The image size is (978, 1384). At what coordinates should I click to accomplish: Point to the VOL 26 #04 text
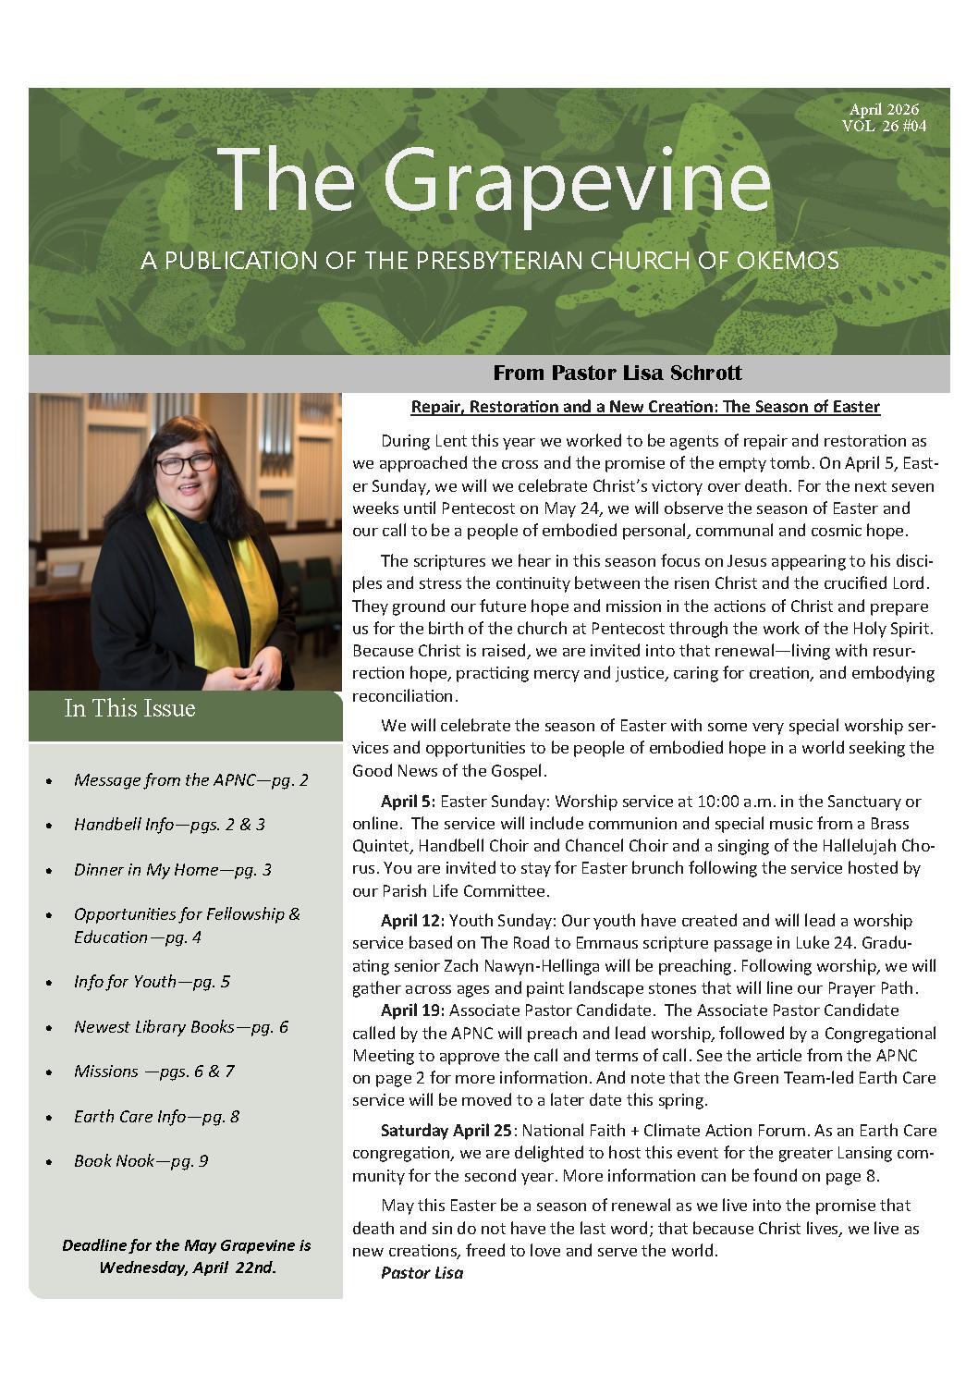tap(884, 127)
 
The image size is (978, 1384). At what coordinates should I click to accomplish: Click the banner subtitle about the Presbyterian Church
tap(490, 261)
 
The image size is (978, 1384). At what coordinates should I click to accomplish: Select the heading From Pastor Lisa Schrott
tap(617, 373)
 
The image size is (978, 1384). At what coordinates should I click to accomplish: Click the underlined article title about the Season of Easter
tap(644, 407)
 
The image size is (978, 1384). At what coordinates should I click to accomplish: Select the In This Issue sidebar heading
tap(129, 709)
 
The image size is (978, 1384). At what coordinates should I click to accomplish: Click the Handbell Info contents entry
tap(169, 824)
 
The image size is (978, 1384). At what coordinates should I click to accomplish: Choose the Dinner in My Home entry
tap(172, 869)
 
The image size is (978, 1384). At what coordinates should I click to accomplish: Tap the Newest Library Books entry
tap(180, 1026)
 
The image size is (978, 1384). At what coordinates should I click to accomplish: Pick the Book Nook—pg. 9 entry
tap(141, 1160)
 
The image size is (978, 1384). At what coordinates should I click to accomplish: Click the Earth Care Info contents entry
tap(156, 1116)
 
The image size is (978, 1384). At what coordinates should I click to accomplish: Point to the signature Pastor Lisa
tap(422, 1273)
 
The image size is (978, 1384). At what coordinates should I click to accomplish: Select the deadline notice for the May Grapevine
tap(187, 1256)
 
